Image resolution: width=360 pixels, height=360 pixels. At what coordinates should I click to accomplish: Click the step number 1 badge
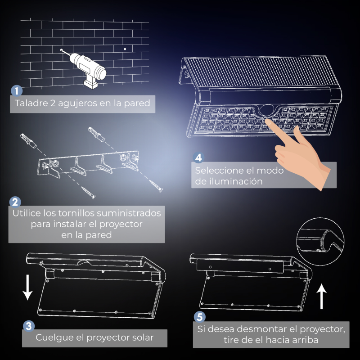point(17,91)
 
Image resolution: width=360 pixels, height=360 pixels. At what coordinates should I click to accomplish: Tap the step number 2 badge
point(15,202)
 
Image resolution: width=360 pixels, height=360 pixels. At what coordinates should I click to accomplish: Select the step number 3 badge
point(29,326)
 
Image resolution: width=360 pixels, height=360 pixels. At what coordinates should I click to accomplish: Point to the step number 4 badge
point(198,157)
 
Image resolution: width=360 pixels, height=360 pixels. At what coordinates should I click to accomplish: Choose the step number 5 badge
point(200,317)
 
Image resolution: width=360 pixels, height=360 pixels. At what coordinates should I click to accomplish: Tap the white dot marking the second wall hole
point(125,49)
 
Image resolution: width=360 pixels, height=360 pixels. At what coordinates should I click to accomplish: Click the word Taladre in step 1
point(31,103)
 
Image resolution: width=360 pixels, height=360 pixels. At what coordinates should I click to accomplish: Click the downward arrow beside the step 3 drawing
point(27,287)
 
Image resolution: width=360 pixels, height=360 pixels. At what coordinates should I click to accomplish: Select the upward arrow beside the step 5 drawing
point(322,296)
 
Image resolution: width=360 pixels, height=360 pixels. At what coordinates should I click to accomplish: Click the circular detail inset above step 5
point(320,242)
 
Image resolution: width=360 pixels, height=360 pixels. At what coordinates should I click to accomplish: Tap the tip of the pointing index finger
point(266,121)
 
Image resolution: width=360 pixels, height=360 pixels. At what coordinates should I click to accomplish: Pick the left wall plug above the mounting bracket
point(28,141)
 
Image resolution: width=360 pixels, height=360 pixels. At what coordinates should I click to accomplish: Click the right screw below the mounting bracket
point(156,186)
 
